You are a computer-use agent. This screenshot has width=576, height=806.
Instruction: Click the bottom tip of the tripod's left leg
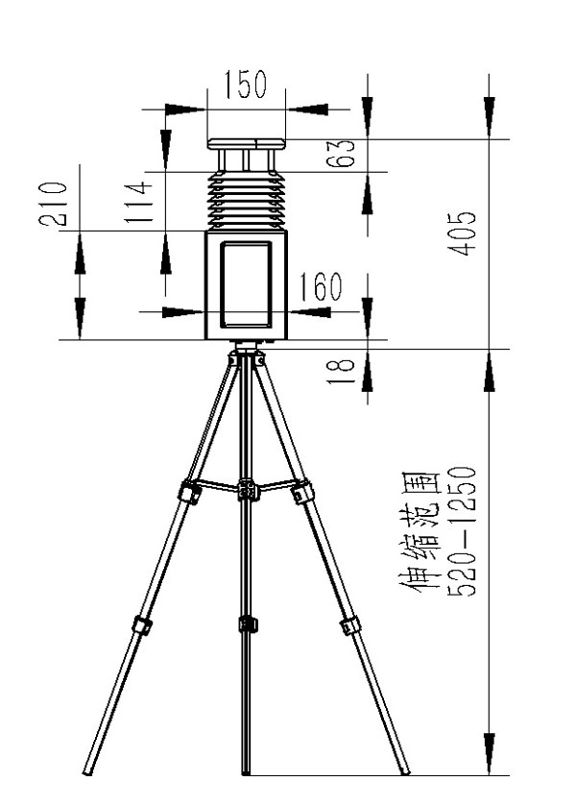click(x=86, y=773)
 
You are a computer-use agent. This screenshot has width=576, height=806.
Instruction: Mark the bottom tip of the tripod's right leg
click(x=406, y=772)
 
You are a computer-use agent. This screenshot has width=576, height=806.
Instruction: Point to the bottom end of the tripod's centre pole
click(x=246, y=774)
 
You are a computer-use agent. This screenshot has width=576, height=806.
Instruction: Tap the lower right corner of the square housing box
click(x=287, y=339)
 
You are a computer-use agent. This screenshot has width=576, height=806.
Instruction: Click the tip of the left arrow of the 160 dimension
click(x=204, y=311)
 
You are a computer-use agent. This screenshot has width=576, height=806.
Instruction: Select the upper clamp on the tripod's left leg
click(x=190, y=492)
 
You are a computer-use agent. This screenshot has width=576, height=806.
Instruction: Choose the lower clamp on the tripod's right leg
click(x=349, y=624)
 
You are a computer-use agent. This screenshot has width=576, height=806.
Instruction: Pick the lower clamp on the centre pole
click(x=248, y=623)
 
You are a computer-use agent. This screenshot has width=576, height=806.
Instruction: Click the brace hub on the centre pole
click(x=249, y=489)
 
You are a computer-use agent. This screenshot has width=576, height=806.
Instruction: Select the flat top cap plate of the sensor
click(x=246, y=144)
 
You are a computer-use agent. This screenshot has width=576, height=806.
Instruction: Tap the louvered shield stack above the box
click(x=246, y=200)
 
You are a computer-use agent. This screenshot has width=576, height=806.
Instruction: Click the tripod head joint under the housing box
click(x=247, y=354)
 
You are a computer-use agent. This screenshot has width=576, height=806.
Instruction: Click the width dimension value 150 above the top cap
click(x=246, y=85)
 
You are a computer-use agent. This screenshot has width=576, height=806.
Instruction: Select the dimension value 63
click(x=341, y=153)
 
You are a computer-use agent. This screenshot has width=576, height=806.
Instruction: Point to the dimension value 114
click(x=139, y=202)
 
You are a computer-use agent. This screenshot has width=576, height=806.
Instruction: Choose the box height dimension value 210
click(x=54, y=204)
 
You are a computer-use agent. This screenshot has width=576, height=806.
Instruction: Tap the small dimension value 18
click(x=341, y=371)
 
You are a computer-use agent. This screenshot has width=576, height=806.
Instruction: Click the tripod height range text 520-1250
click(x=462, y=531)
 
